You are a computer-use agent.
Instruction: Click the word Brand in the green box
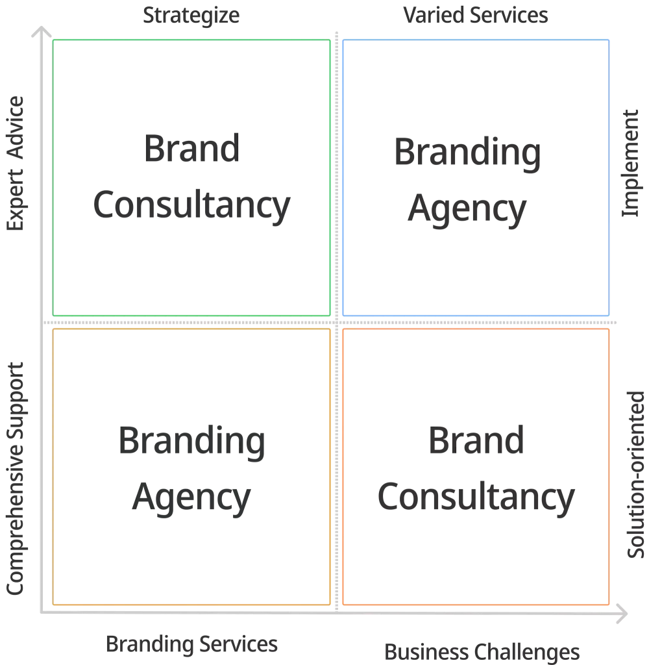tap(191, 149)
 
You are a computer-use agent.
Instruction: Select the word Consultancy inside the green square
tap(190, 205)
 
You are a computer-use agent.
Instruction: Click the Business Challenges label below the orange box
tap(482, 649)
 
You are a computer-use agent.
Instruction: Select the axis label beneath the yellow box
tap(192, 645)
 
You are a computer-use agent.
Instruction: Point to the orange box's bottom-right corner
tap(610, 604)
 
